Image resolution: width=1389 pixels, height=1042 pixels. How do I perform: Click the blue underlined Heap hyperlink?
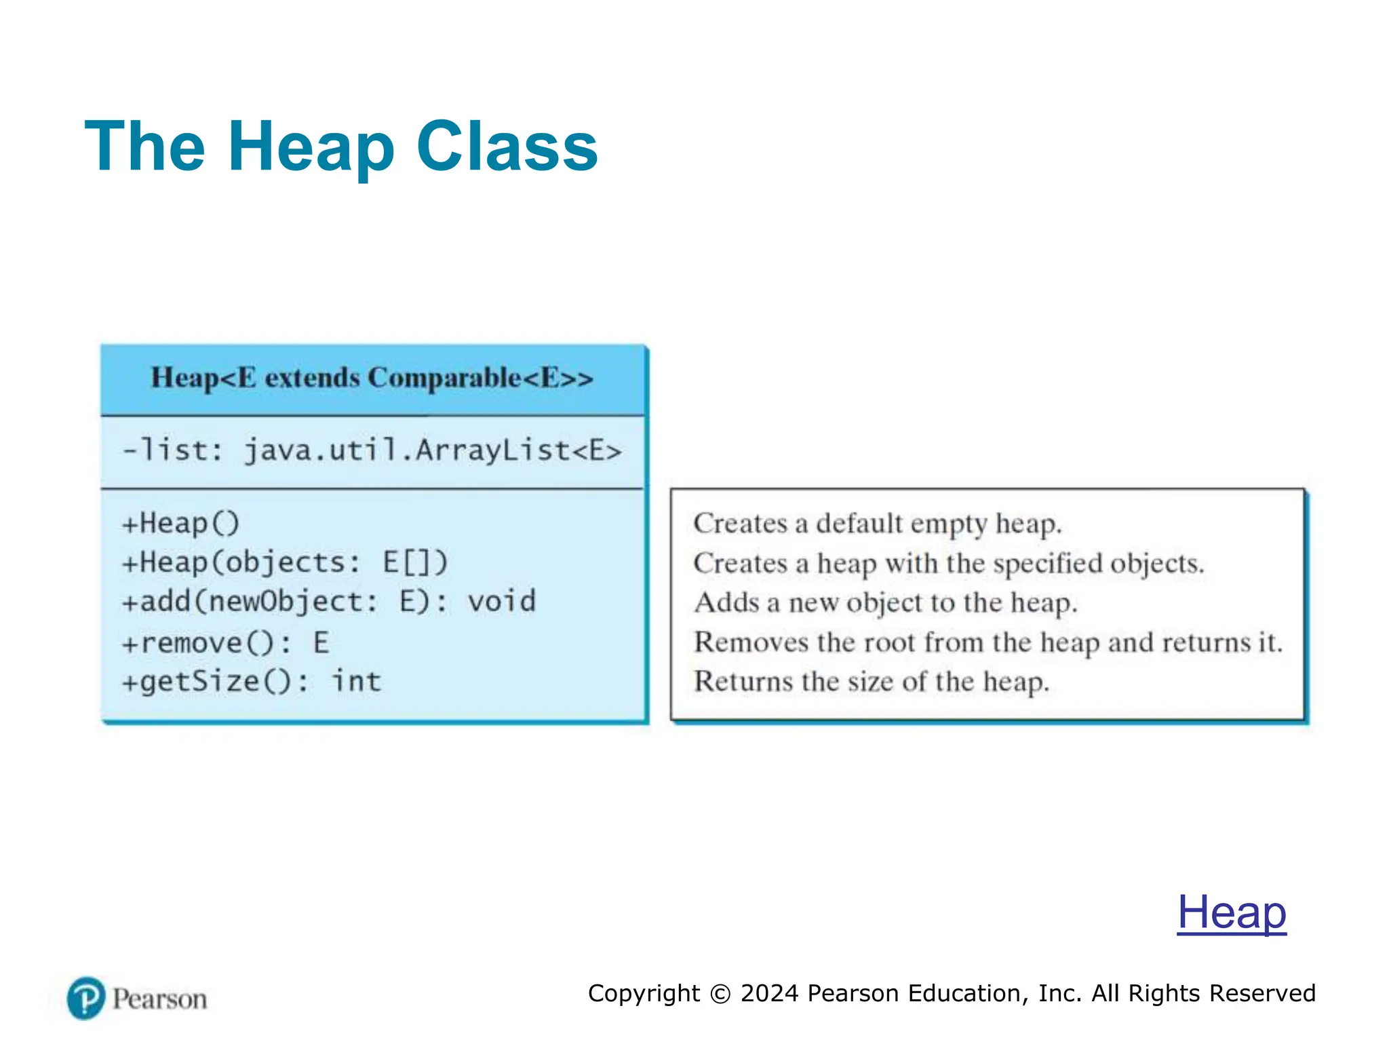tap(1231, 912)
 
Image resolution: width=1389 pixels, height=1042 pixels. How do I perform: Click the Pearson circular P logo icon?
tap(86, 998)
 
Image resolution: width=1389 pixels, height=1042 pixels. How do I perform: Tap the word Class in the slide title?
tap(507, 147)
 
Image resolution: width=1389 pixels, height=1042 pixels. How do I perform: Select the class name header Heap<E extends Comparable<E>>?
tap(372, 378)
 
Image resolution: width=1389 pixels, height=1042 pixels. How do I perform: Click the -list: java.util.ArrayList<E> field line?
tap(372, 450)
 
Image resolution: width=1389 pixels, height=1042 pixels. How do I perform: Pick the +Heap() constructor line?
tap(180, 524)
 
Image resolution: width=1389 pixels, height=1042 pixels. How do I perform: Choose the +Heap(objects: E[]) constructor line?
tap(285, 562)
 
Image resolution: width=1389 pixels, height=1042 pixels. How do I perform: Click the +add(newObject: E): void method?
tap(328, 602)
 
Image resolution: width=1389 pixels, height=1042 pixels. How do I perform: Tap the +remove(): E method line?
tap(225, 642)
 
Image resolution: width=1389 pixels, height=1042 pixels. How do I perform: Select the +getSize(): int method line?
tap(251, 681)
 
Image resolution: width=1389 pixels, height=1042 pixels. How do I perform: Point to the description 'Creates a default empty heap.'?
tap(878, 524)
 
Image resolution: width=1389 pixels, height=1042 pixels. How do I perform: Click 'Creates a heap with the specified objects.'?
tap(948, 563)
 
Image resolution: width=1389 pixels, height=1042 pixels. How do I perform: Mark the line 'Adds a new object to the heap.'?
tap(885, 602)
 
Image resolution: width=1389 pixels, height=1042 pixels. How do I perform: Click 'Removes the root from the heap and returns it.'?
tap(987, 642)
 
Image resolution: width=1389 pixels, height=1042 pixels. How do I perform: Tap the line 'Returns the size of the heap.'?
tap(871, 681)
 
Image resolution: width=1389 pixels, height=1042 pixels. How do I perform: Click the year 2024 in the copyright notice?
tap(769, 993)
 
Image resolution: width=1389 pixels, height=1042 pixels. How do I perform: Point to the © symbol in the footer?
tap(720, 994)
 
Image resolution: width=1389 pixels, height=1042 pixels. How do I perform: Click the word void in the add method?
tap(501, 602)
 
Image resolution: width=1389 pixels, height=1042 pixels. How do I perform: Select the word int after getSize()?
tap(356, 681)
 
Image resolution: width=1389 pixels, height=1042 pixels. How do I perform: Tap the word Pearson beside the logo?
tap(159, 999)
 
